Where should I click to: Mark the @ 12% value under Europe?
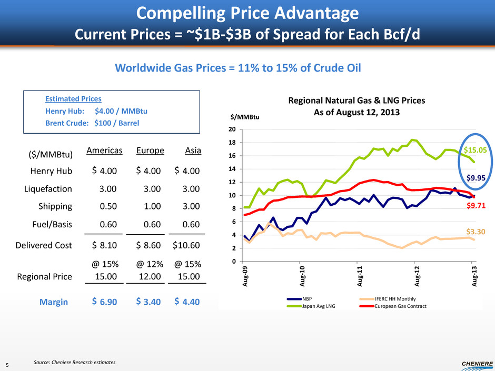coord(150,263)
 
